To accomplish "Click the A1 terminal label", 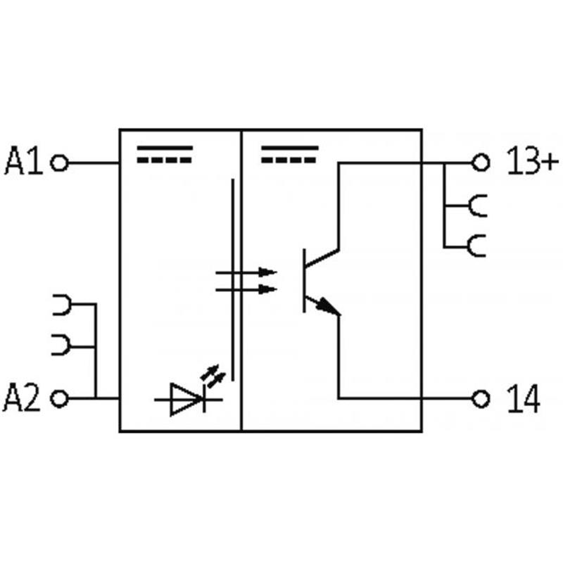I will click(x=24, y=162).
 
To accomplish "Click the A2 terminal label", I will click(x=24, y=399).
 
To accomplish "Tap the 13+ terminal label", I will click(x=531, y=163).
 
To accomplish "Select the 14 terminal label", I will click(x=524, y=399).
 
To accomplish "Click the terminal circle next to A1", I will click(x=61, y=163).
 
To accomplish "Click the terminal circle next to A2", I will click(x=61, y=399).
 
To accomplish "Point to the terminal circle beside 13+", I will click(x=481, y=163).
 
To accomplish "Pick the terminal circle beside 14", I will click(x=481, y=399).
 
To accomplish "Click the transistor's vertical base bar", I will click(x=304, y=280).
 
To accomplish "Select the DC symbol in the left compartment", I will click(x=164, y=154).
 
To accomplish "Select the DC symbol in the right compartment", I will click(x=290, y=154).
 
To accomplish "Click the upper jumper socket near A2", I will click(x=62, y=305).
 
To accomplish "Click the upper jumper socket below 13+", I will click(x=477, y=205).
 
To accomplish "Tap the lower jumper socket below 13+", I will click(x=477, y=246).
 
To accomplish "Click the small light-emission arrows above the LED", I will click(x=215, y=374).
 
